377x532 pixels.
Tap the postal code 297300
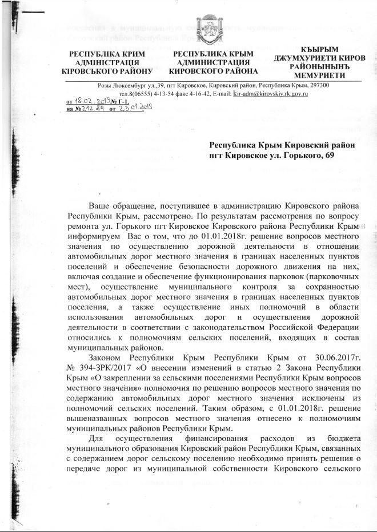click(x=316, y=85)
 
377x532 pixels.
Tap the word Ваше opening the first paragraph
click(x=99, y=205)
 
